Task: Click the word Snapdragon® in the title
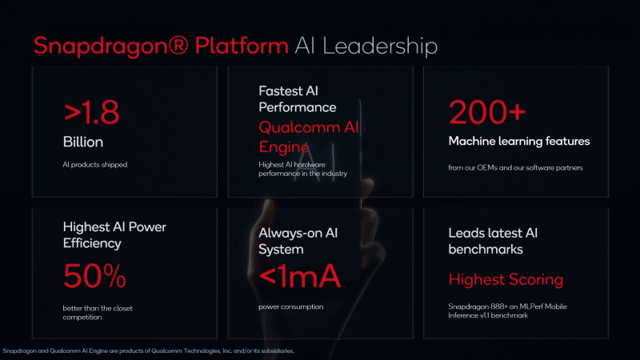pos(111,46)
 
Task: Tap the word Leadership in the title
pos(380,46)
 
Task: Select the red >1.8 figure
pos(91,112)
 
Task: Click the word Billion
pos(83,142)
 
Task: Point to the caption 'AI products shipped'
pos(95,165)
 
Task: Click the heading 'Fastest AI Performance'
pos(298,98)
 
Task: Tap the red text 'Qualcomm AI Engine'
pos(309,137)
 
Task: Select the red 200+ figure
pos(487,112)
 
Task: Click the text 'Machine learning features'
pos(518,142)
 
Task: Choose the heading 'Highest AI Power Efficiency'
pos(114,235)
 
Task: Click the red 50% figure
pos(94,276)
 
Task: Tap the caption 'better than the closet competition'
pos(98,313)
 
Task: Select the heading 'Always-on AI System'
pos(298,242)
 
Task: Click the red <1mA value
pos(299,276)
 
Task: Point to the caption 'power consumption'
pos(291,306)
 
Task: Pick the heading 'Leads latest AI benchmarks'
pos(493,242)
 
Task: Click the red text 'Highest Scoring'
pos(506,279)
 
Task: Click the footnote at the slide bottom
pos(148,351)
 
